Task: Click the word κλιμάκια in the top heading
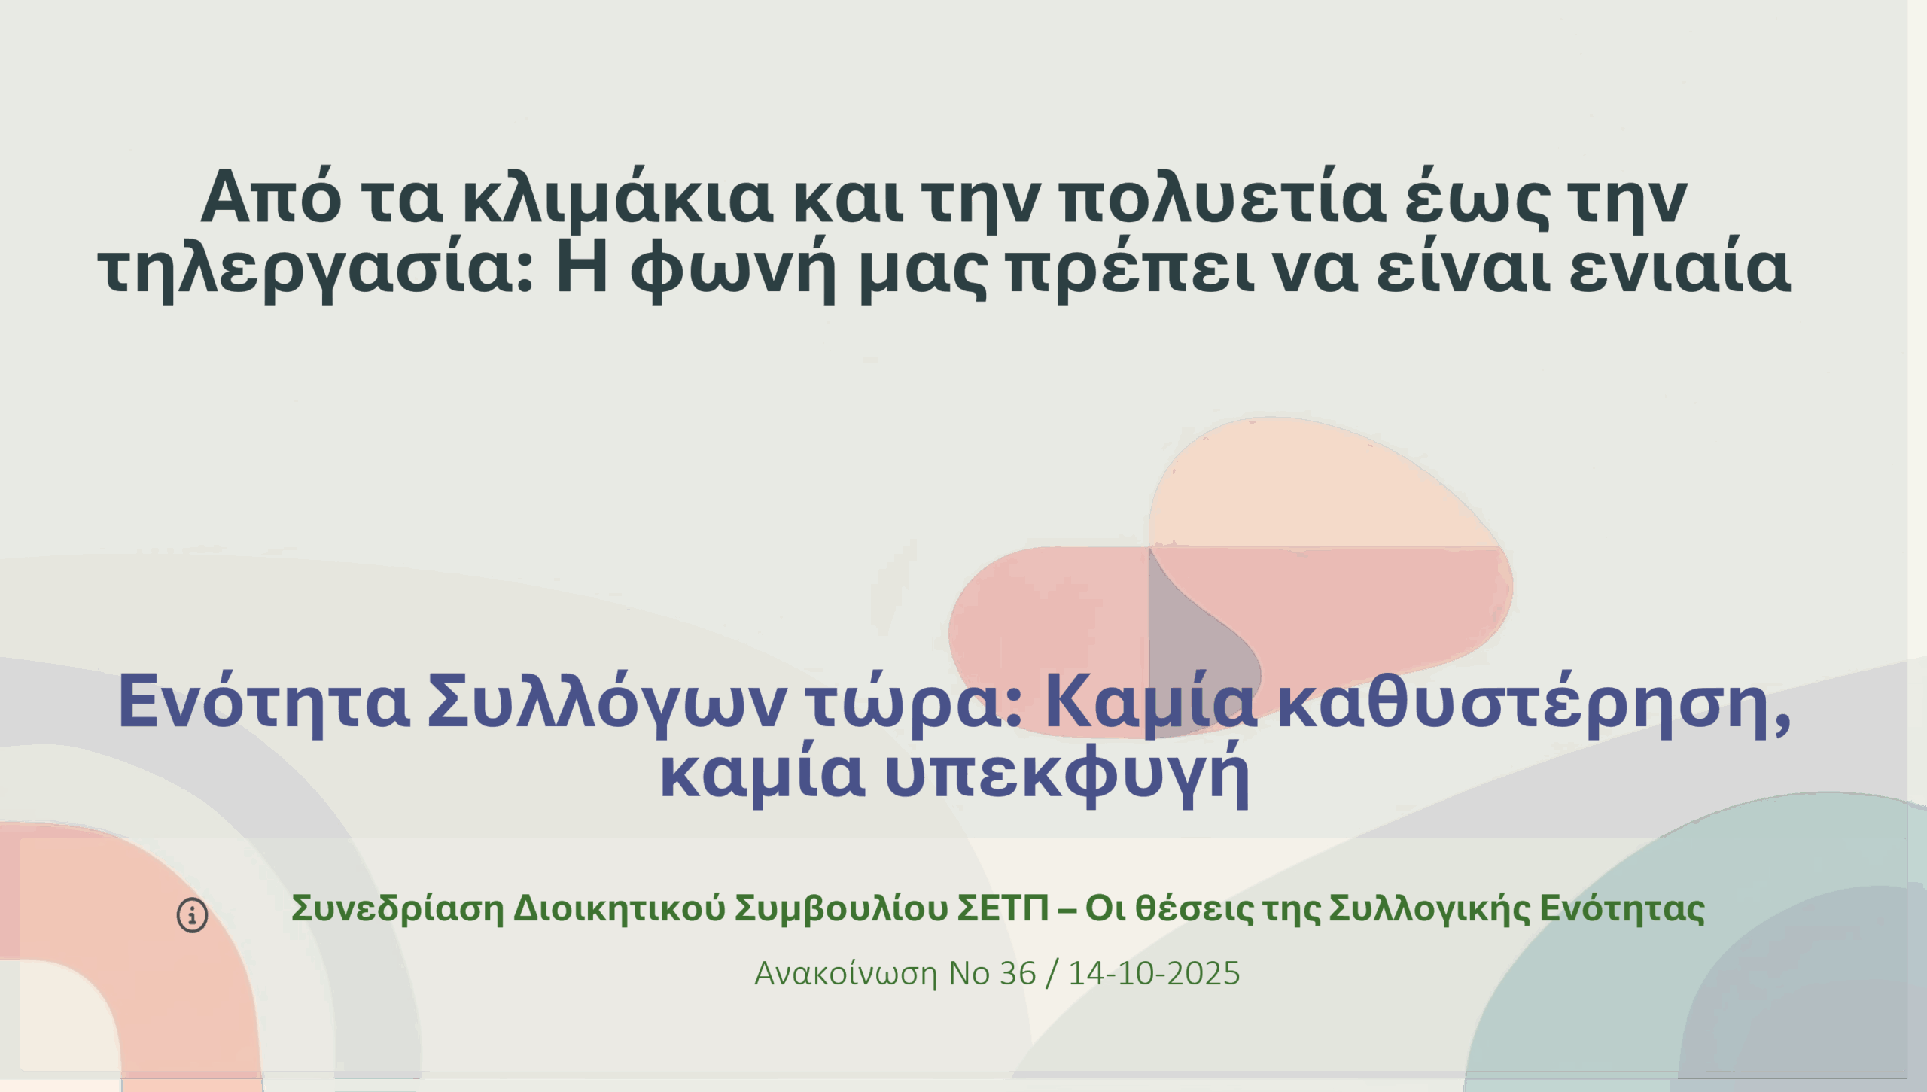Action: [617, 199]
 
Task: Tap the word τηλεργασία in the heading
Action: [315, 269]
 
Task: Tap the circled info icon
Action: [192, 916]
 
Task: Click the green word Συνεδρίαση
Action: [397, 908]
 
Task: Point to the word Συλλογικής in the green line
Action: [1429, 908]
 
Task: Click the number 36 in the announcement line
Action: [1018, 974]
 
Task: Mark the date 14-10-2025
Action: [1154, 974]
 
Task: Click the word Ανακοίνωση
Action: [846, 974]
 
